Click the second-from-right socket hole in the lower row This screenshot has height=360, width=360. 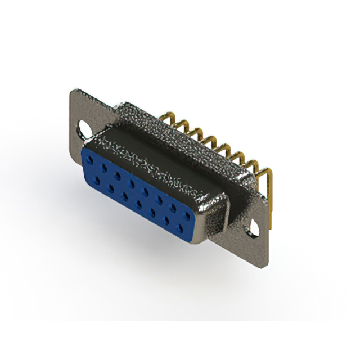click(x=167, y=219)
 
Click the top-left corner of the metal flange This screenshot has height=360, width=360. click(x=71, y=90)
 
